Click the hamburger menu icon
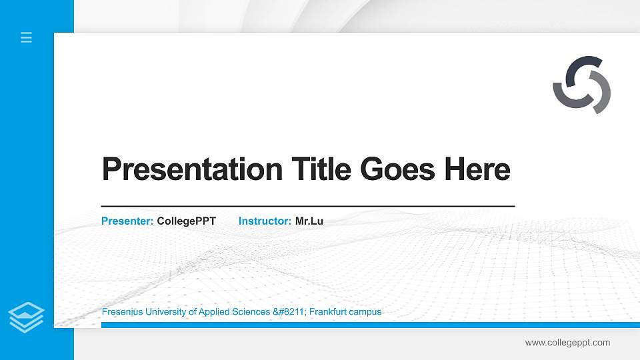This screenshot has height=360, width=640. point(26,37)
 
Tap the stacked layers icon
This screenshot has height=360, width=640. point(26,317)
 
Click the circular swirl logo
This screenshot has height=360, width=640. point(581,85)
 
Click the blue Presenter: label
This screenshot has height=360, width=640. point(127,221)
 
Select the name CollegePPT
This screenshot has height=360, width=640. point(186,221)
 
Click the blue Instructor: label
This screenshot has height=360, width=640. point(265,221)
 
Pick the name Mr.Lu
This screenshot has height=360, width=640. point(309,221)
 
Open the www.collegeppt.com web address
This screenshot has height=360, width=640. point(567,343)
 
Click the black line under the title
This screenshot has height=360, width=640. point(307,207)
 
